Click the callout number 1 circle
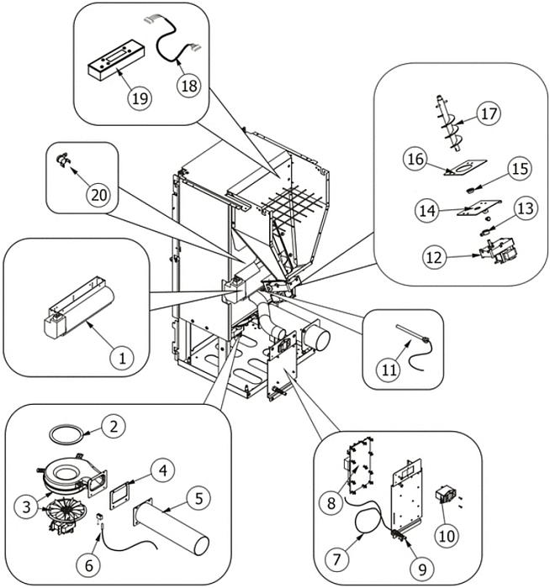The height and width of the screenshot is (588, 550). [123, 357]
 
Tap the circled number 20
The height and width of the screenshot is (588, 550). [98, 195]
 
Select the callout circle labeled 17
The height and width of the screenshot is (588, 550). [489, 113]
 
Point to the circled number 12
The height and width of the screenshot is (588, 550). [435, 257]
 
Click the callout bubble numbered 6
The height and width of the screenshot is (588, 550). [88, 564]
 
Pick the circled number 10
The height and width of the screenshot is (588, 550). [447, 536]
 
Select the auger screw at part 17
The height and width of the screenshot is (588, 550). [448, 123]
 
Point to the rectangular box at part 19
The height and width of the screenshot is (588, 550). [116, 60]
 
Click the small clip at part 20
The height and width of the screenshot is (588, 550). [63, 160]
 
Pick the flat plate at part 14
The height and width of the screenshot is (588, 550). [479, 208]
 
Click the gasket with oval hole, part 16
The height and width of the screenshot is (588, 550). [465, 167]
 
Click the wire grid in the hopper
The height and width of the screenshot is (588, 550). [291, 204]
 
